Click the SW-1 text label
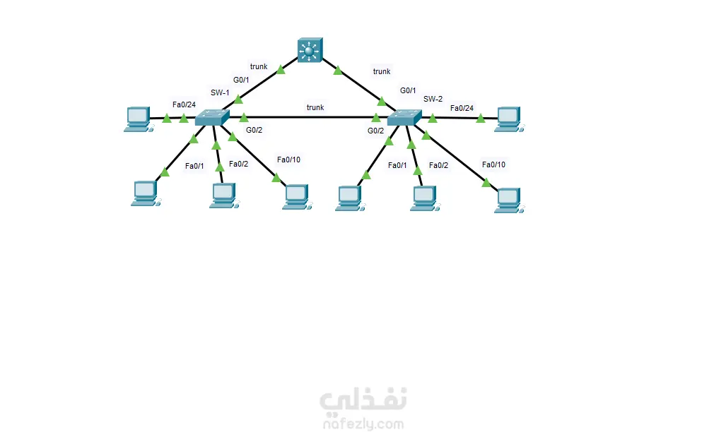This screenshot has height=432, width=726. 220,92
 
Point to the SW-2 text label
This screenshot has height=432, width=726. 433,99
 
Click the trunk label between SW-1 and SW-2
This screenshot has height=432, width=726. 315,107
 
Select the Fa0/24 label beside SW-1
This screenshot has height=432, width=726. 184,105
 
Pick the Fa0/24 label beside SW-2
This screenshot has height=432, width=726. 462,108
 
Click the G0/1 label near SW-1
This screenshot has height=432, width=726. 242,80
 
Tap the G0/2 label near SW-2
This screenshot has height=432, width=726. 375,131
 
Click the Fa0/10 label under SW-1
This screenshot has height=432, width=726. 288,160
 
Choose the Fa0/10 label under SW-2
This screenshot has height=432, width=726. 493,164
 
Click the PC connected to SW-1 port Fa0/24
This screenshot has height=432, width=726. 138,119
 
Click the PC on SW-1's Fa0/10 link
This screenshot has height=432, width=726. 295,197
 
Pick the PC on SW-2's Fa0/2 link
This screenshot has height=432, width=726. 424,198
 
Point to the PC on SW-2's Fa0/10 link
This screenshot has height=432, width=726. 509,200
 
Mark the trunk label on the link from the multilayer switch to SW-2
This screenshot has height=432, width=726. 382,71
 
